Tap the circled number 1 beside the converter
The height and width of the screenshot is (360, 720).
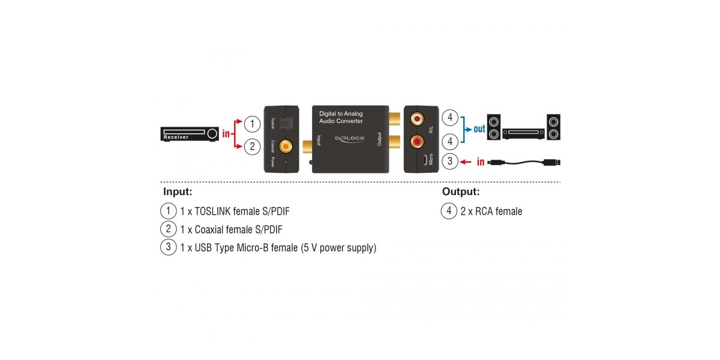[253, 124]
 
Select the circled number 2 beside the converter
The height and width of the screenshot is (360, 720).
[253, 146]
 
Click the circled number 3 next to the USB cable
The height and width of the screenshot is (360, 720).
[449, 161]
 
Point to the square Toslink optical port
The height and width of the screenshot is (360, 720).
[287, 124]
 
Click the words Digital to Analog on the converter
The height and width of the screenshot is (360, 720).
[341, 113]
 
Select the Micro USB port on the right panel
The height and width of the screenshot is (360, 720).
[424, 160]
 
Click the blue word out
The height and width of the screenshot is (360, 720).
[479, 129]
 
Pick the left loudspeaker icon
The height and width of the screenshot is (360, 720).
[494, 127]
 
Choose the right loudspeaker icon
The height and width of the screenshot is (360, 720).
[554, 127]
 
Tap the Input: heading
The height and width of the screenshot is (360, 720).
[178, 192]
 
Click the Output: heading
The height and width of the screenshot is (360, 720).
[461, 192]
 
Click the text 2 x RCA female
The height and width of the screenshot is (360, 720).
[491, 211]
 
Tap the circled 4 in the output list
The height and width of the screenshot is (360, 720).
[449, 211]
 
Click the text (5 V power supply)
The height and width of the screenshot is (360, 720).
[338, 247]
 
